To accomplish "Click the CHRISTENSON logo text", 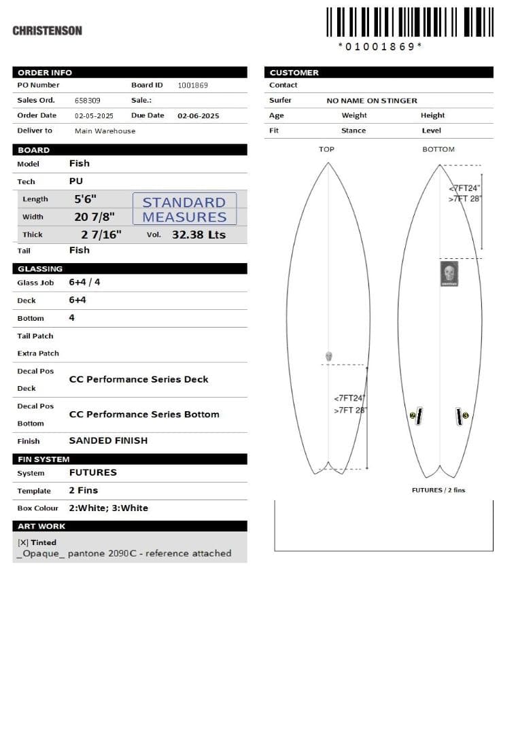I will (x=47, y=31).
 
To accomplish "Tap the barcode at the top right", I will (x=409, y=22).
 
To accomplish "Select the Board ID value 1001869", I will (x=192, y=86).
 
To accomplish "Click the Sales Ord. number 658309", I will (x=87, y=101).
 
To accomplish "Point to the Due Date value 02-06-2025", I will (x=198, y=116).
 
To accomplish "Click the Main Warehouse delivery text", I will (x=105, y=131).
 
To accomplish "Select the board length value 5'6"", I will (x=86, y=199).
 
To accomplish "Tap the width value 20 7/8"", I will (x=94, y=217).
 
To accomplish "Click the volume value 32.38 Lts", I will (x=198, y=234).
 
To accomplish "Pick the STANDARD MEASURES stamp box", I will (x=184, y=209).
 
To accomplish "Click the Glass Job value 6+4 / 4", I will (x=84, y=282).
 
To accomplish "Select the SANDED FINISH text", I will (x=108, y=440).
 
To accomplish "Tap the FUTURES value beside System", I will (x=92, y=472).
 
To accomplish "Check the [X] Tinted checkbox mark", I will (x=22, y=542).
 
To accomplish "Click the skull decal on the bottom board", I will (x=448, y=274).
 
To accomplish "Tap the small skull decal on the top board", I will (x=328, y=357).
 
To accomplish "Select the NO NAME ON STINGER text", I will (x=372, y=101).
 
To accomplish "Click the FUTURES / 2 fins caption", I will (x=438, y=490).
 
